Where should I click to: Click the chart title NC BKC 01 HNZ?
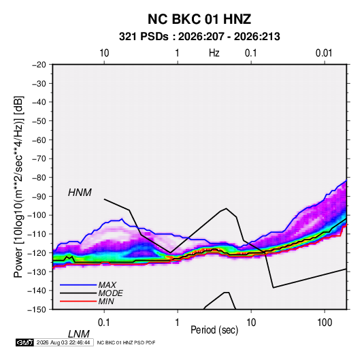click(x=199, y=19)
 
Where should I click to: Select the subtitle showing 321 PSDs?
click(x=199, y=37)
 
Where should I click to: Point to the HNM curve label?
click(x=80, y=193)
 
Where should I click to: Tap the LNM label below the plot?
click(x=79, y=334)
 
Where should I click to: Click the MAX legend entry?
click(x=107, y=284)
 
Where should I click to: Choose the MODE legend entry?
click(x=110, y=293)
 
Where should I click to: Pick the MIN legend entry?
click(x=106, y=301)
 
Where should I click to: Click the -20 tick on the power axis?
click(x=39, y=65)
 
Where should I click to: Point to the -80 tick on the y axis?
click(x=39, y=178)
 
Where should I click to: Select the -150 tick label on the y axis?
click(x=37, y=310)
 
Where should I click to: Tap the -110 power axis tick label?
click(x=37, y=234)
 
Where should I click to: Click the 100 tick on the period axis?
click(x=325, y=323)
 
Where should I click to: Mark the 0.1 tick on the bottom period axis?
click(x=104, y=323)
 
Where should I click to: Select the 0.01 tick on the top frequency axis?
click(x=324, y=53)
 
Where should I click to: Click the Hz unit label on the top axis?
click(x=214, y=53)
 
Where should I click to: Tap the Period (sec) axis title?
click(x=214, y=330)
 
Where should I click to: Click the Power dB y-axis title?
click(x=18, y=186)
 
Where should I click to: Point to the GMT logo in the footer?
click(x=25, y=342)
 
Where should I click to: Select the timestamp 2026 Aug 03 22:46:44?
click(x=63, y=342)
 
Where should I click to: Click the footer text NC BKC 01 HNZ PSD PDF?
click(x=126, y=342)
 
